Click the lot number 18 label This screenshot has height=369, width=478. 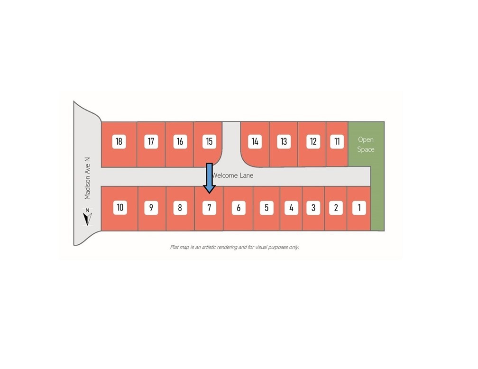tap(119, 141)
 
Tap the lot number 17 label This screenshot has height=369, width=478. tap(151, 141)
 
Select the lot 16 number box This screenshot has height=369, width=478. tap(180, 141)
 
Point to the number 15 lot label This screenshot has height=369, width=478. tap(209, 141)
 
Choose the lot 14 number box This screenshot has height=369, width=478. tap(255, 141)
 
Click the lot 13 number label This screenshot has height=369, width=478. tap(284, 141)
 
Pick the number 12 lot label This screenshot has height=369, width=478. tap(313, 141)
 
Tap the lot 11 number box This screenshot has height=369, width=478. tap(337, 141)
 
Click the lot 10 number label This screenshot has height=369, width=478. tap(120, 208)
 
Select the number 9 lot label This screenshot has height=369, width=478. tap(151, 208)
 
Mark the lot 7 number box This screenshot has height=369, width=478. tap(209, 208)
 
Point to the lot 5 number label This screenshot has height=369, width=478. tap(267, 208)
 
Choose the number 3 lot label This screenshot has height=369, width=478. tap(313, 208)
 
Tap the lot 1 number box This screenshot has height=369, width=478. tap(359, 208)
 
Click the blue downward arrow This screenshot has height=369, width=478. tap(210, 178)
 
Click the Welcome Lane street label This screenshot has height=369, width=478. tap(232, 175)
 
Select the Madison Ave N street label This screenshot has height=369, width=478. tap(87, 178)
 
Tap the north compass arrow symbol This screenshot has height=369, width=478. tap(87, 217)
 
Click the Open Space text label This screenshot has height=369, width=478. tap(366, 144)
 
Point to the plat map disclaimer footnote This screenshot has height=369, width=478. tap(234, 247)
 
